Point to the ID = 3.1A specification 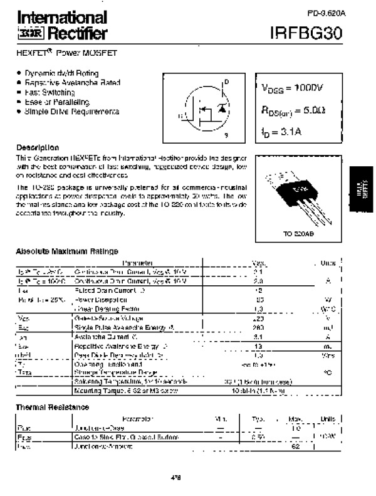coord(283,132)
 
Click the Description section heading coord(37,147)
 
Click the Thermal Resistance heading coord(51,406)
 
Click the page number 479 coord(175,478)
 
